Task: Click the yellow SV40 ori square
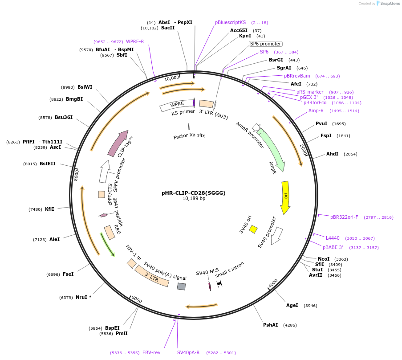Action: click(x=253, y=229)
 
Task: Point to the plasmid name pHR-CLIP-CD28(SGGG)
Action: click(x=194, y=193)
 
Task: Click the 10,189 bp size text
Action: click(x=194, y=199)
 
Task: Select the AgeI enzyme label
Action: click(x=292, y=306)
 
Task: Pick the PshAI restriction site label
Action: click(x=270, y=325)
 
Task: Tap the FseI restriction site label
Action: click(x=68, y=274)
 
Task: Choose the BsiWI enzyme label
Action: click(x=85, y=87)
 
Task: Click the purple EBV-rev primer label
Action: click(x=151, y=352)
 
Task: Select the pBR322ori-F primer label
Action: click(x=344, y=217)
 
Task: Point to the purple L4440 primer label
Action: click(x=333, y=238)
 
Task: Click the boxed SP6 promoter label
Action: click(x=265, y=44)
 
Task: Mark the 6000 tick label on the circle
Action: click(x=137, y=300)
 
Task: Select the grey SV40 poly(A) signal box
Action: click(x=181, y=286)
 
